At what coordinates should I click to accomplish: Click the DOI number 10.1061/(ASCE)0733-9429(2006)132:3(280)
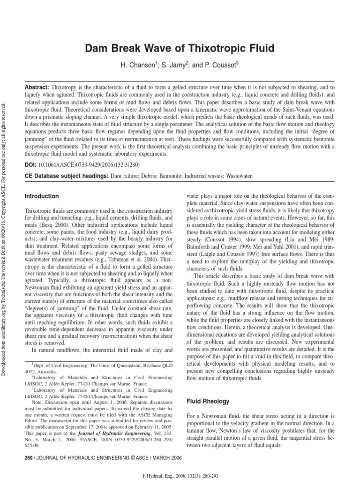point(89,165)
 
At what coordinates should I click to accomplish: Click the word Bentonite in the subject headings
point(164,176)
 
